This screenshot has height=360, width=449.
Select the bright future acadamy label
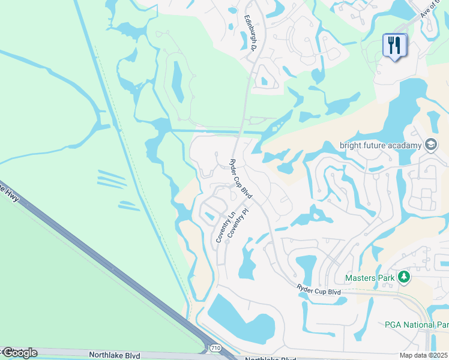click(381, 145)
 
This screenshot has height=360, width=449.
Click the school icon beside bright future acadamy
click(430, 145)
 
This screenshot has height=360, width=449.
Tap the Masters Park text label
click(370, 278)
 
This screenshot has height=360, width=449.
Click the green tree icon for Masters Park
click(405, 277)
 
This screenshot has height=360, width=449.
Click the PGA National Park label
click(417, 325)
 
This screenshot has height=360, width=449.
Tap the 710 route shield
click(215, 347)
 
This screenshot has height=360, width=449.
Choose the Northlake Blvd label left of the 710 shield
click(114, 355)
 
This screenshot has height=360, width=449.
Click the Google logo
click(19, 353)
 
